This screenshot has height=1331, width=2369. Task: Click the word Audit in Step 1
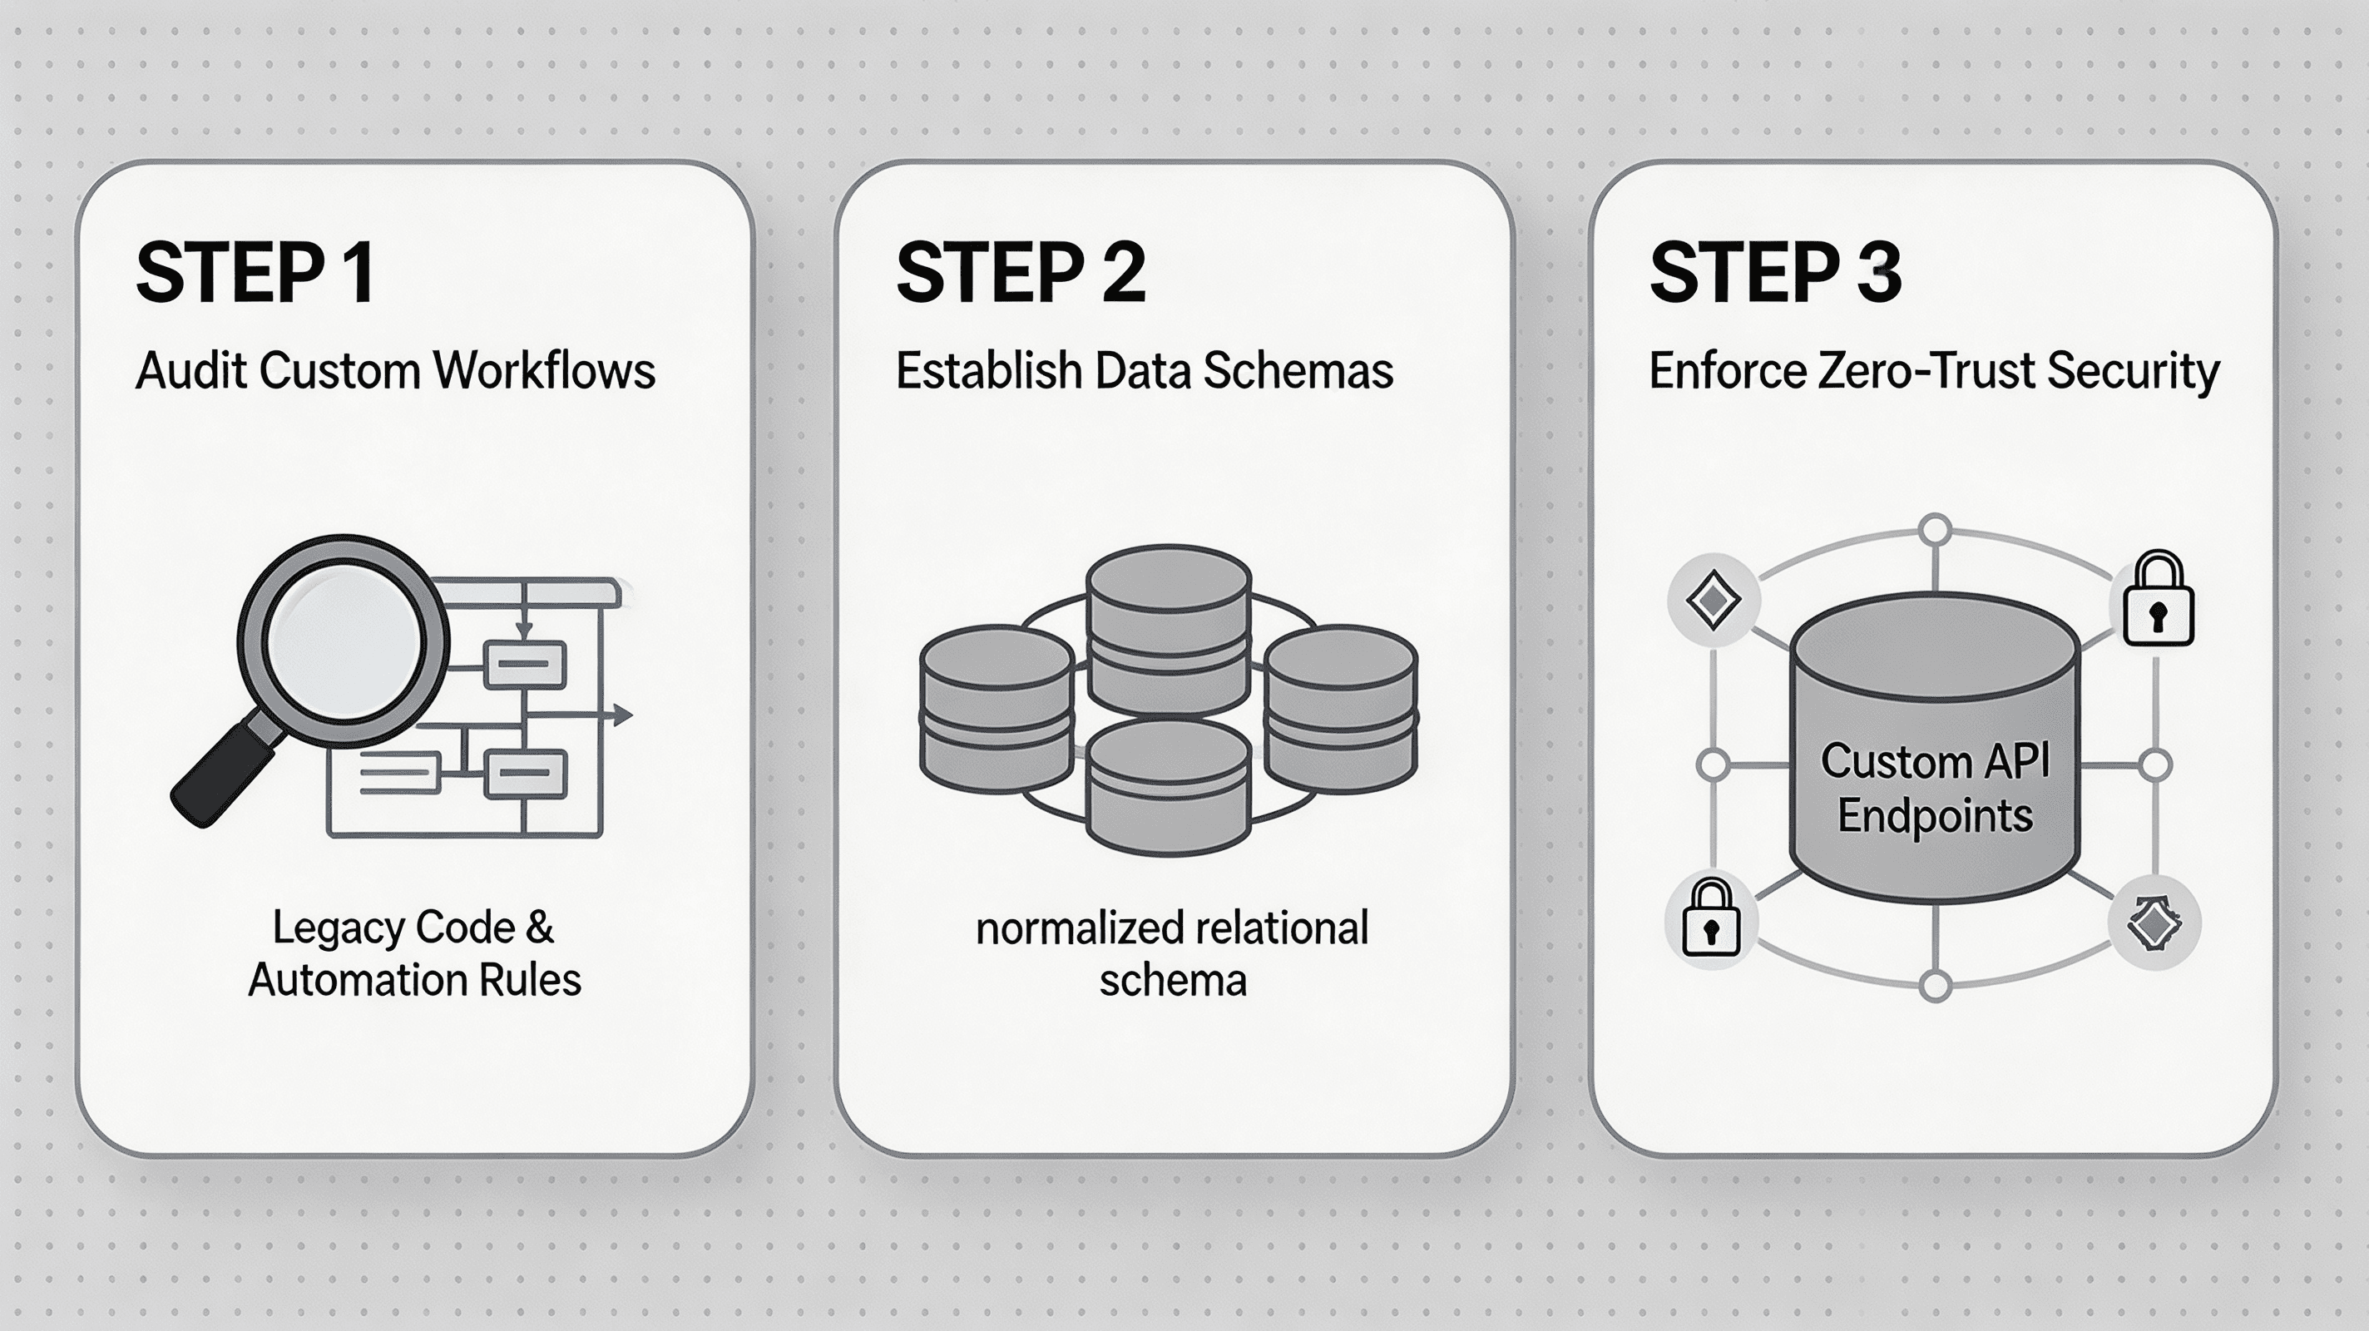tap(191, 371)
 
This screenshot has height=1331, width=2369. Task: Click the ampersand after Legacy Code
tap(539, 928)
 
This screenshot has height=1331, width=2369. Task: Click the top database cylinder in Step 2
tap(1168, 629)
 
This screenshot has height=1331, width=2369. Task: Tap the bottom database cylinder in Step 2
tap(1168, 789)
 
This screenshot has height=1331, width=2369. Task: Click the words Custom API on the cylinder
tap(1935, 762)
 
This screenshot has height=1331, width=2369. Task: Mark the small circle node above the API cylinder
tap(1936, 531)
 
